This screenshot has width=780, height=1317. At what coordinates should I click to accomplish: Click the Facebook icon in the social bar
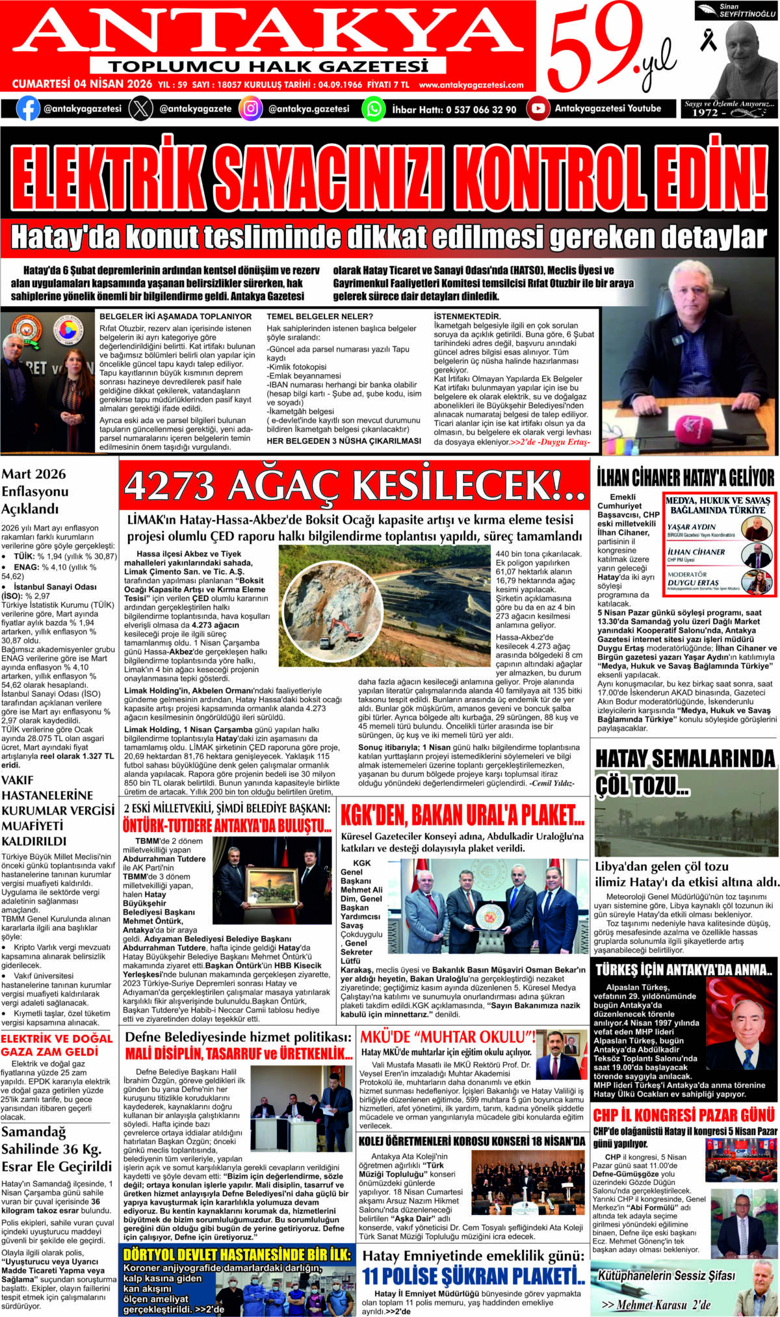tap(28, 109)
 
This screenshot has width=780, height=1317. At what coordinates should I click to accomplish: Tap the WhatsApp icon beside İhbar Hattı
tap(373, 109)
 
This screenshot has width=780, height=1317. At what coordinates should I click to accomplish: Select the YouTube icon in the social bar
tap(538, 109)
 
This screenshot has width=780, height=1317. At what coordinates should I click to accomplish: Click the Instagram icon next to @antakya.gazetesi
tap(250, 109)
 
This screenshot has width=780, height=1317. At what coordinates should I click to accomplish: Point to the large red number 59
tap(588, 49)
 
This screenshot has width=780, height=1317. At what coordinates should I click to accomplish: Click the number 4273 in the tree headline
tap(170, 486)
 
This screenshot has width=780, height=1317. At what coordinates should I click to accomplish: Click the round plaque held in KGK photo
tap(487, 917)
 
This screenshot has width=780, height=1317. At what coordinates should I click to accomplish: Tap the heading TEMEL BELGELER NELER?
tap(320, 317)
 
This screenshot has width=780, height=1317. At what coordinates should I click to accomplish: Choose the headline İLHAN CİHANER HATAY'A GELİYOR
tap(686, 478)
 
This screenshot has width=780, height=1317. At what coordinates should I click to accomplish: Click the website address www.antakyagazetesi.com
tap(471, 85)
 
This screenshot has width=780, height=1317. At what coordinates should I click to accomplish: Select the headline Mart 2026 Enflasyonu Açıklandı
tap(34, 491)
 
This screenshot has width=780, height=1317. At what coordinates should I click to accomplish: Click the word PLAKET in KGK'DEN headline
tap(543, 815)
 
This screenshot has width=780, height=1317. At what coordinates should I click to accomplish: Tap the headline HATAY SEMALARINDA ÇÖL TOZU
tap(685, 772)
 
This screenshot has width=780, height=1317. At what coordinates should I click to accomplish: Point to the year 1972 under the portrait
tap(705, 112)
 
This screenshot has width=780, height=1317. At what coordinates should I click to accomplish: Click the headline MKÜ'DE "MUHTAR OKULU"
tap(448, 1037)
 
